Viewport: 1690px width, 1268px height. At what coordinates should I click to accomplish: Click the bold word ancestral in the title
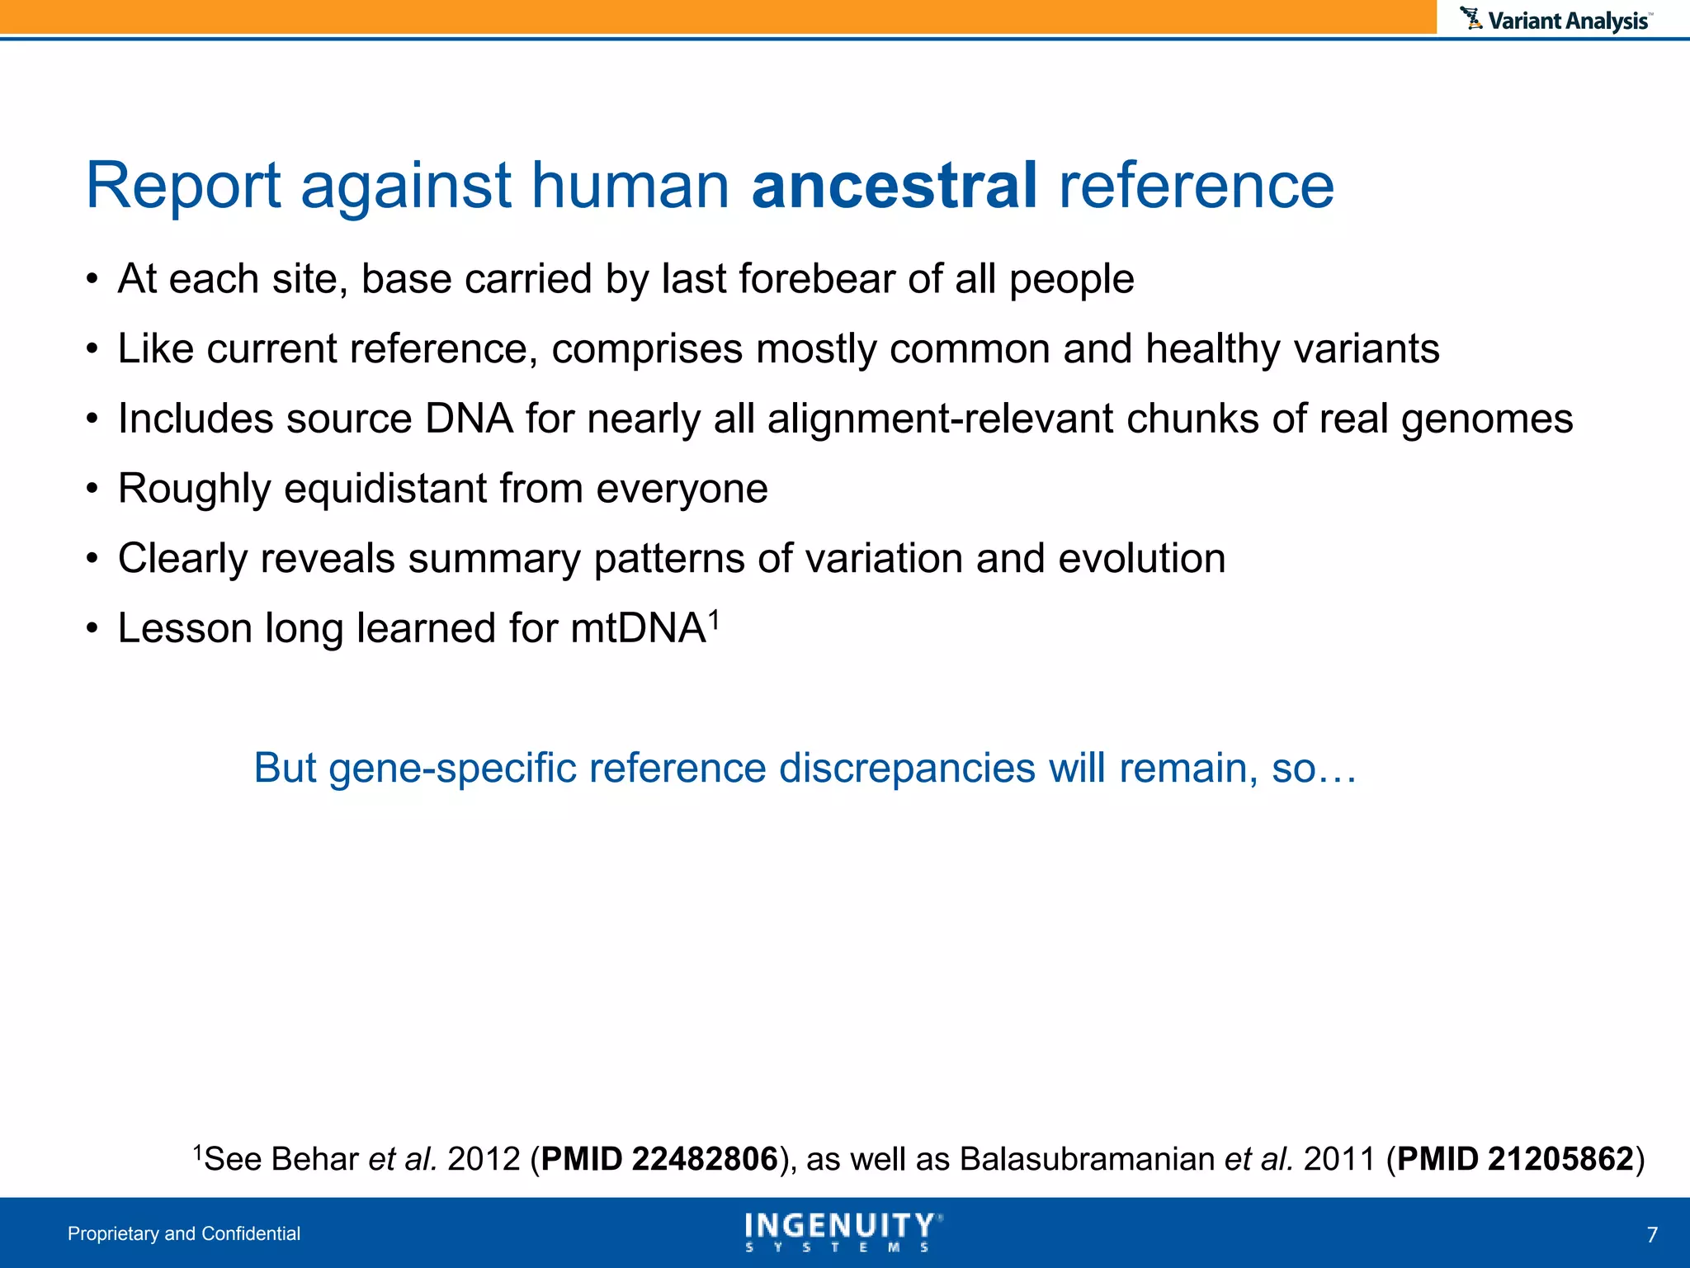click(894, 185)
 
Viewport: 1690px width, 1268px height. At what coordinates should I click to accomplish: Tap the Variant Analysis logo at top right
click(1556, 20)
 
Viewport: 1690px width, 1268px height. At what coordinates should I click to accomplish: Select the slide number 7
click(1651, 1235)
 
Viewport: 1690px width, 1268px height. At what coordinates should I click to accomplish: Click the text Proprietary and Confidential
click(184, 1233)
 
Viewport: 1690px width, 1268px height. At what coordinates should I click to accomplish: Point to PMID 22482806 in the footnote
click(659, 1159)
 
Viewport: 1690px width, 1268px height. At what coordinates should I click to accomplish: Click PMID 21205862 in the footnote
click(1515, 1159)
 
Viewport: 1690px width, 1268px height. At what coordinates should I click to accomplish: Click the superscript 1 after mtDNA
click(715, 617)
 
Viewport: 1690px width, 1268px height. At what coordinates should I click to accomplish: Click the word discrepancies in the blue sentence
click(907, 768)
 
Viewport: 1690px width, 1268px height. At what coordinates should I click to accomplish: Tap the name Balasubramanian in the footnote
click(1087, 1159)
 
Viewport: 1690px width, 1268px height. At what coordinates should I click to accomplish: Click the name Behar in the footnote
click(314, 1159)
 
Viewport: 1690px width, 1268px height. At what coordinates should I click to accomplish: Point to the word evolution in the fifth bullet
click(1141, 559)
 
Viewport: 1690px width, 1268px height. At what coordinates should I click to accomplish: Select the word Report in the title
click(183, 185)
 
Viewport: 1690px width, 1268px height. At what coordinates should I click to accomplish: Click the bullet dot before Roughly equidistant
click(92, 489)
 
